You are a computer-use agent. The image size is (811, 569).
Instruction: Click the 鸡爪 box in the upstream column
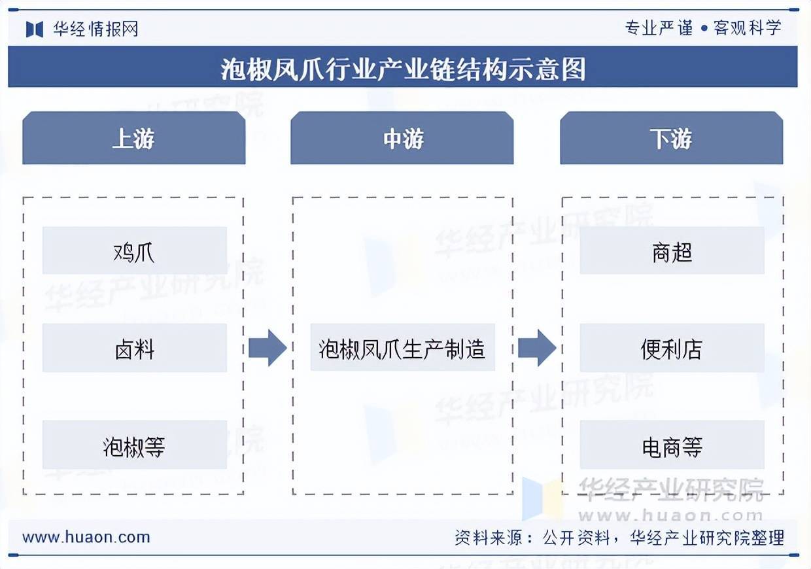coord(134,250)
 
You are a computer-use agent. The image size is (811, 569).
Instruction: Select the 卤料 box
coord(134,348)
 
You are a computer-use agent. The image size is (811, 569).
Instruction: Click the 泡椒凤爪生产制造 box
coord(402,348)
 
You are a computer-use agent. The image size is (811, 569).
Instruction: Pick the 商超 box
coord(672,250)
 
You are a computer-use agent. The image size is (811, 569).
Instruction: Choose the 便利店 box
coord(672,348)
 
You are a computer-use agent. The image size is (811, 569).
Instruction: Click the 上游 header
coord(133,138)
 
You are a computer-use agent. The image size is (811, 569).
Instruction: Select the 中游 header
coord(402,138)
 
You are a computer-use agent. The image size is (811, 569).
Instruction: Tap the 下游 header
coord(671,138)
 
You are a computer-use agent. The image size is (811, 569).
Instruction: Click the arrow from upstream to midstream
coord(267,348)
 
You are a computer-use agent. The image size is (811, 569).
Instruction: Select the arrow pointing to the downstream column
coord(536,348)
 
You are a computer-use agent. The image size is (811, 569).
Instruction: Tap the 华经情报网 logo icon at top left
coord(34,29)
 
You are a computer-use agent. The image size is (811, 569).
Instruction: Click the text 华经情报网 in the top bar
coord(95,29)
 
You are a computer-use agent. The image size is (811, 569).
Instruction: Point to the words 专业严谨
coord(658,27)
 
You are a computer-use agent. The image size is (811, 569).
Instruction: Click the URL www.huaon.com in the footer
coord(86,538)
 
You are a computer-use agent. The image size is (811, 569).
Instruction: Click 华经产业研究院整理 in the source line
coord(706,538)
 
